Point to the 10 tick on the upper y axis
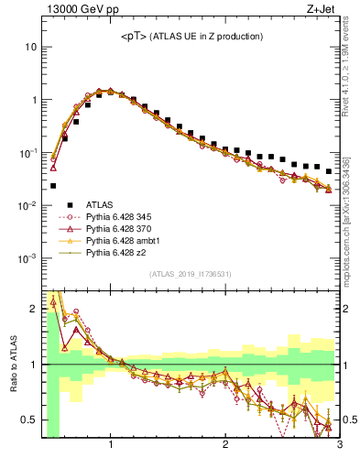30,46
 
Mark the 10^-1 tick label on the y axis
26,152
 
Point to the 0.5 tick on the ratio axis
27,420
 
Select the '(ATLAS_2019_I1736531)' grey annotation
190,273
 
